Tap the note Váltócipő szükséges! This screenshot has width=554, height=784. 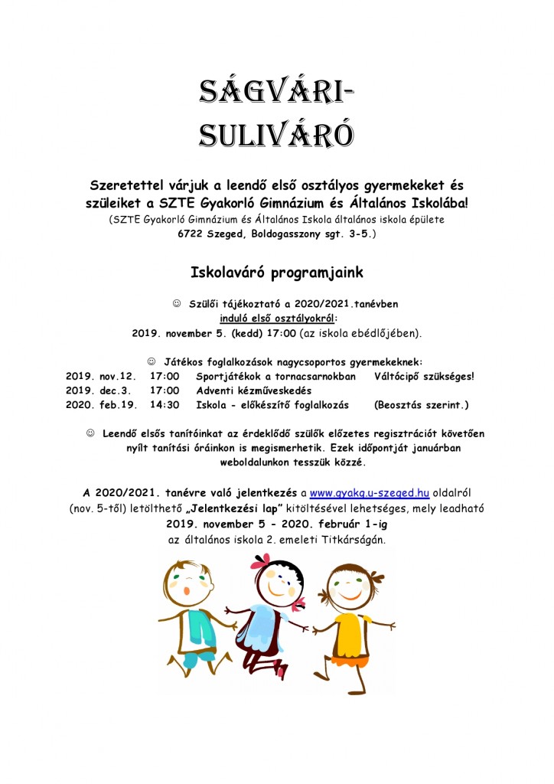tap(425, 377)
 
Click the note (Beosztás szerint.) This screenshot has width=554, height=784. tap(421, 404)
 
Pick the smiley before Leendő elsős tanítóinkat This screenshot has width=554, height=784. tap(91, 433)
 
